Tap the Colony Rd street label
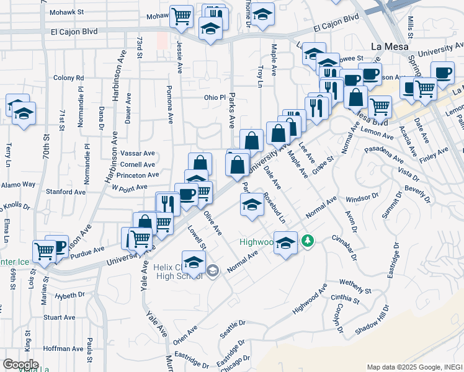coord(68,77)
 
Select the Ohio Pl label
coord(215,97)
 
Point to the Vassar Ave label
coord(138,153)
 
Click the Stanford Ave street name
coord(68,192)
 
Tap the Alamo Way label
coord(19,184)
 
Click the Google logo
coord(20,364)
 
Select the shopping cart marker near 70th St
coord(44,250)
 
